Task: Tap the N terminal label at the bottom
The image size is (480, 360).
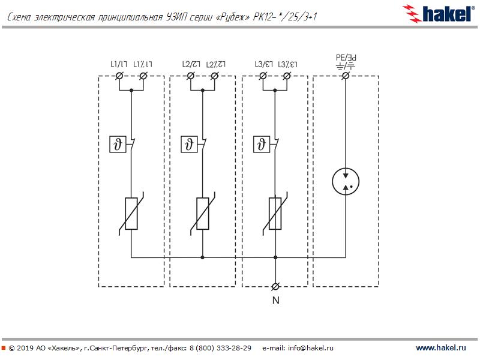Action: point(275,301)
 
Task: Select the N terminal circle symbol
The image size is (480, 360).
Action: point(275,286)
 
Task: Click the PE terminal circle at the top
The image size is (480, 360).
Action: point(346,76)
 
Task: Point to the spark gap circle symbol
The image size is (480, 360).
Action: point(346,182)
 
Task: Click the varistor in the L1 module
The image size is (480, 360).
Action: point(131,214)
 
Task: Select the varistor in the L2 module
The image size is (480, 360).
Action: point(203,214)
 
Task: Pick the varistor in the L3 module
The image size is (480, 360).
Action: point(275,214)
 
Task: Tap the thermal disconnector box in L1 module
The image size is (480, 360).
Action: point(118,145)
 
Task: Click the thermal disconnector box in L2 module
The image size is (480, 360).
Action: point(190,145)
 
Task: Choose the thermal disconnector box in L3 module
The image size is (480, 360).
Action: point(262,145)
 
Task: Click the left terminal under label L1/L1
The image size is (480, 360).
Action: point(119,76)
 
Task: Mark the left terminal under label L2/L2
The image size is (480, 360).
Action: point(191,76)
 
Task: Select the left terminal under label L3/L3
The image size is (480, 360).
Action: point(263,76)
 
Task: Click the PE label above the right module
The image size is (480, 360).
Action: point(346,58)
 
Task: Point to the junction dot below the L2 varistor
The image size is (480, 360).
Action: point(203,257)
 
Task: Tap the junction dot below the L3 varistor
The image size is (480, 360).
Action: point(275,257)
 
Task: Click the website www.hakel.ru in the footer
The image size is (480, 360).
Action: point(441,348)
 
